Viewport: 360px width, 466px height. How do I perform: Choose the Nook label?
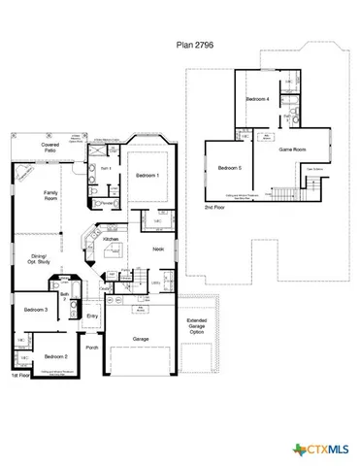pos(159,249)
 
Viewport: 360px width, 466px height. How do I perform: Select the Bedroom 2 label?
pos(54,356)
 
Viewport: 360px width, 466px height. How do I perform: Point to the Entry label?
pos(93,316)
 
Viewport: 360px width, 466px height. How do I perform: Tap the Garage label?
pos(141,339)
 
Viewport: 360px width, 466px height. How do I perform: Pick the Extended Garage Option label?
pos(197,326)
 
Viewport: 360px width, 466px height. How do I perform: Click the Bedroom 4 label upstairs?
pos(256,99)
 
